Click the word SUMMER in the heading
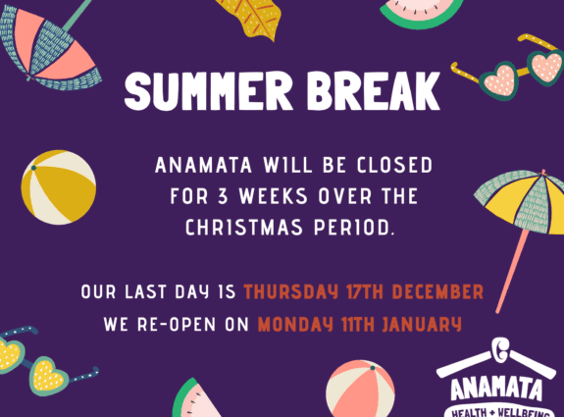[209, 91]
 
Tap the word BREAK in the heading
[374, 91]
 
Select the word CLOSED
[395, 165]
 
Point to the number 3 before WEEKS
[223, 196]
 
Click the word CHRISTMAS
[244, 228]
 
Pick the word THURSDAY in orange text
[291, 291]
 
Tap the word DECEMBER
[437, 291]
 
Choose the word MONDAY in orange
[298, 324]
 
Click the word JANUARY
[422, 324]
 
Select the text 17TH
[365, 291]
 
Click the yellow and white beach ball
[59, 187]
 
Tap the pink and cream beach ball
[360, 390]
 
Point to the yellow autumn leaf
[252, 18]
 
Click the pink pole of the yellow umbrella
[513, 271]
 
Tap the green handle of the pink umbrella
[77, 15]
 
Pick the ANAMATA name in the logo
[496, 389]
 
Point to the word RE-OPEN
[177, 324]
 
